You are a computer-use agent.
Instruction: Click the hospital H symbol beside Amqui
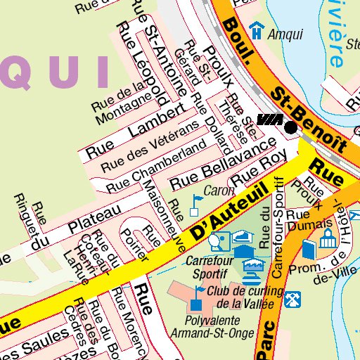(257, 30)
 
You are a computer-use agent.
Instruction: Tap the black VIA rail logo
(269, 121)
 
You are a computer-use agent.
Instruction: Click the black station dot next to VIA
(291, 127)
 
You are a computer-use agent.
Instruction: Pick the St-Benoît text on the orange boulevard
(310, 120)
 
